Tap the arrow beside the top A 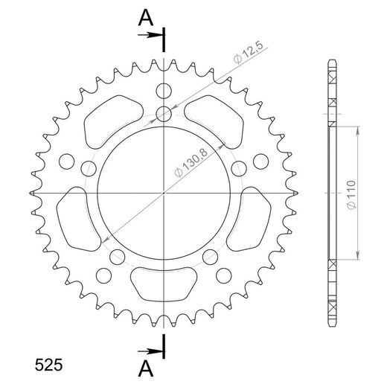click(x=153, y=35)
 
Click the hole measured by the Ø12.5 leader click(x=163, y=114)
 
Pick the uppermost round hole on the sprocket click(x=163, y=91)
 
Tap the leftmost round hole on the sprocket click(x=65, y=161)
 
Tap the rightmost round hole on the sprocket click(x=260, y=161)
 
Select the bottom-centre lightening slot click(x=163, y=284)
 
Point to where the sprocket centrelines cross click(x=163, y=193)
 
